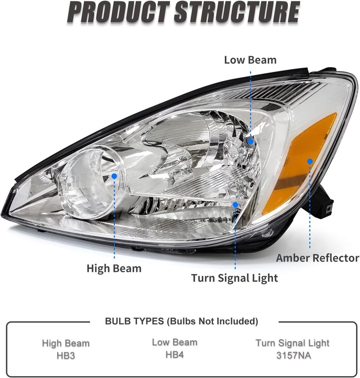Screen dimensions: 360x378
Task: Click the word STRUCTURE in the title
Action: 237,12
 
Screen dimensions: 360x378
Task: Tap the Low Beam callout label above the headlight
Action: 250,60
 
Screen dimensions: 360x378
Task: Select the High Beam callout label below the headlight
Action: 114,268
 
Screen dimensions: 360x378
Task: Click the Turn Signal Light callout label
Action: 234,278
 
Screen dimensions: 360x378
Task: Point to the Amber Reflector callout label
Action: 317,258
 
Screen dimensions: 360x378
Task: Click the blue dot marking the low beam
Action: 250,141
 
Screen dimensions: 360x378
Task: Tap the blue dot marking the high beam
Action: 114,176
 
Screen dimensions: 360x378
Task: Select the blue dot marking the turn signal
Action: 235,205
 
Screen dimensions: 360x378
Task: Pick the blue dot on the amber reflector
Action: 310,161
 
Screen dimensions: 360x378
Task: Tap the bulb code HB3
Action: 66,356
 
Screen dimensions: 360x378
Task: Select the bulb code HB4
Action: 175,355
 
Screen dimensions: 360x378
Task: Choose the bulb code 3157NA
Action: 293,355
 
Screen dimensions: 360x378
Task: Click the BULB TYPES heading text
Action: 181,321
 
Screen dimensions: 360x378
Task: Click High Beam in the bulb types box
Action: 66,343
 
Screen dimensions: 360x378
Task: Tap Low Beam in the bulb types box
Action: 175,342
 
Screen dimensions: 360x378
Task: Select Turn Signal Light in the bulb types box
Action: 292,343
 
